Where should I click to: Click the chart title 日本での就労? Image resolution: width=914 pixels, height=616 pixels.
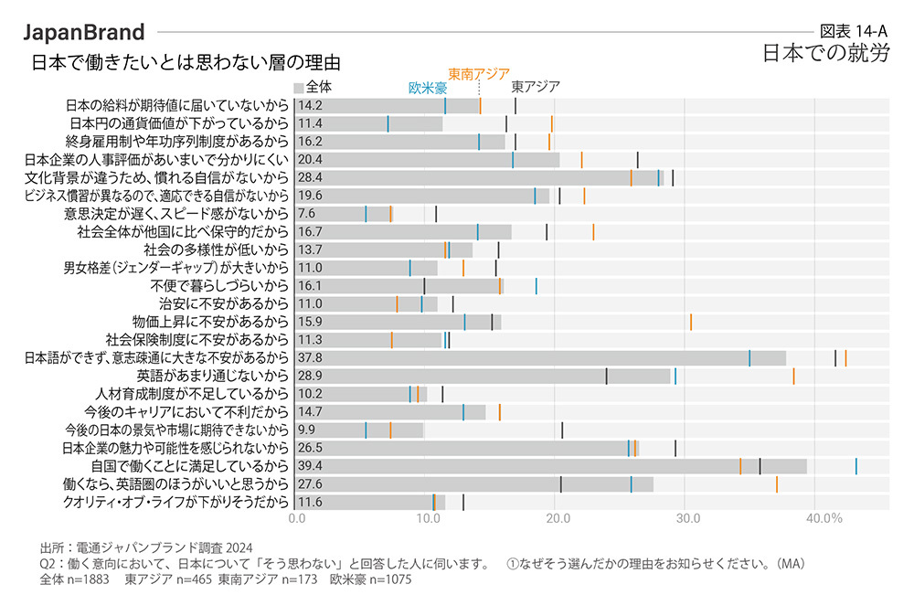pyautogui.click(x=826, y=52)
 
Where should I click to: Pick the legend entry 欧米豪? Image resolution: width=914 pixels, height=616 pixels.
pyautogui.click(x=427, y=89)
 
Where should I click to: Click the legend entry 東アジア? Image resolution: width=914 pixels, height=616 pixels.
pyautogui.click(x=535, y=88)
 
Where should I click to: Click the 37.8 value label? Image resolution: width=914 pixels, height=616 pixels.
pyautogui.click(x=309, y=357)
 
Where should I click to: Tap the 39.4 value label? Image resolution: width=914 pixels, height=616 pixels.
pyautogui.click(x=309, y=466)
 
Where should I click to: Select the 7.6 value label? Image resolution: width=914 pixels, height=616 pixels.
pyautogui.click(x=306, y=214)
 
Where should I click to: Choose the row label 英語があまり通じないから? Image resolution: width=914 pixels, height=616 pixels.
pyautogui.click(x=213, y=376)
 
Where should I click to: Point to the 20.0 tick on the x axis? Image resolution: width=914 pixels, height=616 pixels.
pyautogui.click(x=557, y=519)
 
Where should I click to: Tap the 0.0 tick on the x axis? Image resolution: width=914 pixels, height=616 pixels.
pyautogui.click(x=297, y=519)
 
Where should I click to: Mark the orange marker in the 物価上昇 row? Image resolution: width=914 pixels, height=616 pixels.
pyautogui.click(x=690, y=322)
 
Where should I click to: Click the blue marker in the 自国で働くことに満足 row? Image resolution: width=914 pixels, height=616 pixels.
pyautogui.click(x=856, y=466)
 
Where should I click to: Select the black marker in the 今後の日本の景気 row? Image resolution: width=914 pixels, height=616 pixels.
pyautogui.click(x=561, y=430)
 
